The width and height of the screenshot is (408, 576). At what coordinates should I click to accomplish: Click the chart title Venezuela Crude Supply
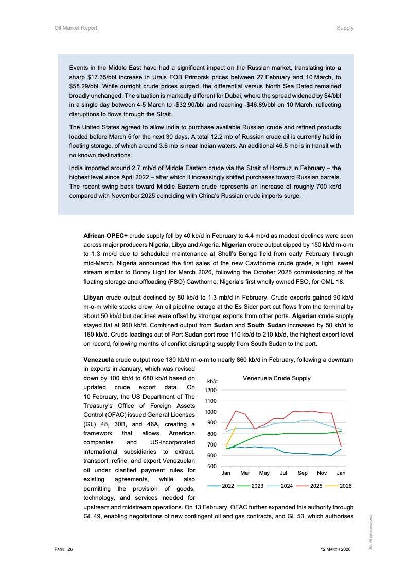[276, 378]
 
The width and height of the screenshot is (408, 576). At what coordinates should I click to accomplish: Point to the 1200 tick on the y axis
[210, 390]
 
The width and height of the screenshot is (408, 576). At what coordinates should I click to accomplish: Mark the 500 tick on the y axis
[212, 466]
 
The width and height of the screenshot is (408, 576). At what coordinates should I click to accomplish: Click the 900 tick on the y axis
[212, 423]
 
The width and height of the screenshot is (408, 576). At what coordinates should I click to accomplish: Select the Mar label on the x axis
[245, 473]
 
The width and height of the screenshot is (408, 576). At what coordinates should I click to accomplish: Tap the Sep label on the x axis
[303, 473]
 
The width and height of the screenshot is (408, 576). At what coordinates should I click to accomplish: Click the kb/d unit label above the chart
[212, 381]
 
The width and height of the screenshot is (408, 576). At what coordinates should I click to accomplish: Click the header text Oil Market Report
[76, 28]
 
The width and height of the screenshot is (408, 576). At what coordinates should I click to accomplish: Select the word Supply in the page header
[345, 28]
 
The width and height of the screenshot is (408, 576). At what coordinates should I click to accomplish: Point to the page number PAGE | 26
[64, 549]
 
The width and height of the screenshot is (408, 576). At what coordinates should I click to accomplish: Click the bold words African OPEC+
[105, 235]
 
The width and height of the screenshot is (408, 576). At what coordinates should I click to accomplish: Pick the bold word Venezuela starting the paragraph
[98, 360]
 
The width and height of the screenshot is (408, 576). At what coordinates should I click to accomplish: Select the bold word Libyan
[94, 298]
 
